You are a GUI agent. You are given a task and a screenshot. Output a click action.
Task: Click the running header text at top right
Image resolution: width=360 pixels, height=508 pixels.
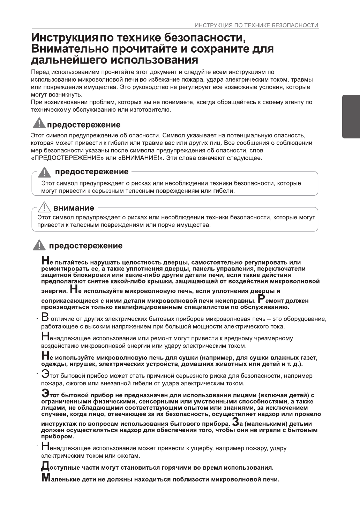click(x=256, y=25)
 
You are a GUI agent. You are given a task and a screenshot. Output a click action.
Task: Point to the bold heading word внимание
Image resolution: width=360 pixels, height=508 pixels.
click(x=74, y=208)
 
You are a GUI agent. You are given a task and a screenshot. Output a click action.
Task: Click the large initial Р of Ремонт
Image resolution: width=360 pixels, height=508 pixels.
click(x=261, y=299)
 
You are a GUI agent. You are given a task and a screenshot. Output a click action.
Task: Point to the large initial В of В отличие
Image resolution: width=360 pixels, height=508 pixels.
click(x=45, y=318)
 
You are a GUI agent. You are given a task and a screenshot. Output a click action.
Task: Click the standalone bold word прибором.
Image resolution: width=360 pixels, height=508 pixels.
click(x=53, y=436)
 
